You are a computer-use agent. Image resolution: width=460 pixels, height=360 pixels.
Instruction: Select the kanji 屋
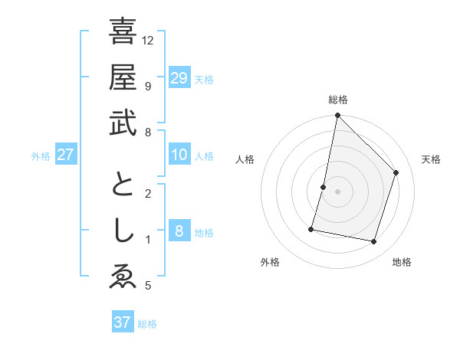[123, 77]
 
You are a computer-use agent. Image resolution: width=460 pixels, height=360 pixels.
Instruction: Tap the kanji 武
[123, 123]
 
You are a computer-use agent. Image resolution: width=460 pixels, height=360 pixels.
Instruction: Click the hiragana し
[123, 231]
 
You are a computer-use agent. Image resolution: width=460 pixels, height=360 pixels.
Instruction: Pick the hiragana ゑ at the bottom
[123, 277]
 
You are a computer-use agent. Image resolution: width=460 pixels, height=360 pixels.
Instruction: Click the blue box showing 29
[179, 77]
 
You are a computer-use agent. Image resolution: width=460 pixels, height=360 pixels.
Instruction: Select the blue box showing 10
[179, 155]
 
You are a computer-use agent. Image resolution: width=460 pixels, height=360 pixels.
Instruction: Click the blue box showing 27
[66, 155]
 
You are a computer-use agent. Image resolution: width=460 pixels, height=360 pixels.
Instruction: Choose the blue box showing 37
[123, 322]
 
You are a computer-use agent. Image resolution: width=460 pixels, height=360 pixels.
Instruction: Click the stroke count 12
[148, 40]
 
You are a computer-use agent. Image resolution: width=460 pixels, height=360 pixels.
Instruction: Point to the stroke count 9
[147, 86]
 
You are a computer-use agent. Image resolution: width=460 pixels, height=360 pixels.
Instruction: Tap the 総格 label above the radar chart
[337, 100]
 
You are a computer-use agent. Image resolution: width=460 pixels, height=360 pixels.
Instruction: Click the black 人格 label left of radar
[245, 159]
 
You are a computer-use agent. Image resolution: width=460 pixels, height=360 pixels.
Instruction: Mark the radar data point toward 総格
[337, 116]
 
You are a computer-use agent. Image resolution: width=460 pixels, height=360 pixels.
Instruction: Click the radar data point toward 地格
[374, 242]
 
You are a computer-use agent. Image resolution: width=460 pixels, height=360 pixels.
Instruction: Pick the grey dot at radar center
[337, 191]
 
